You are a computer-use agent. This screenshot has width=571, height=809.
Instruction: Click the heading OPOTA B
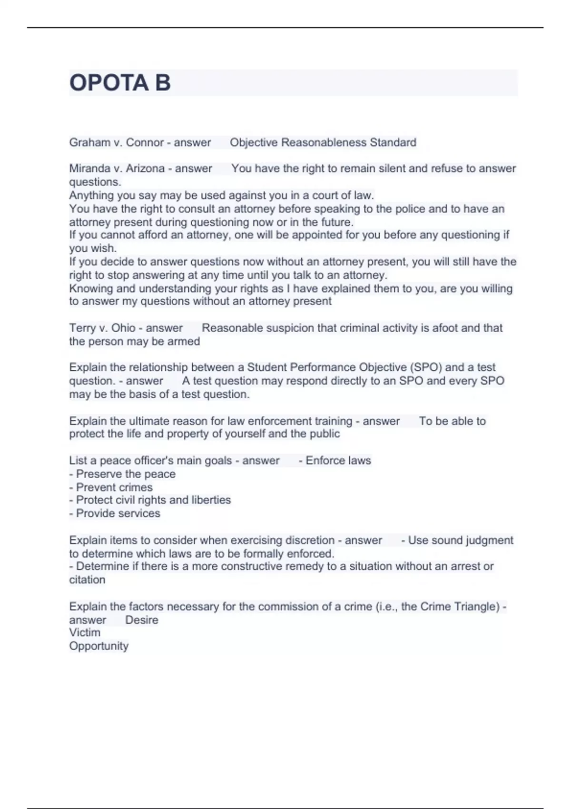click(x=120, y=83)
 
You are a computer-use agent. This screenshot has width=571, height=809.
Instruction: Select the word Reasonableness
click(x=324, y=142)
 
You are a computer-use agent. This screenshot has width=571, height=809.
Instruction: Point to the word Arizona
click(x=145, y=168)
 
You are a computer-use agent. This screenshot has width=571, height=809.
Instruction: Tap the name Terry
click(x=82, y=328)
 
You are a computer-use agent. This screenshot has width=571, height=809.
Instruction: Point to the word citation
click(x=87, y=580)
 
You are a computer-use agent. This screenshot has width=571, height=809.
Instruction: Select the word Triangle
click(x=477, y=606)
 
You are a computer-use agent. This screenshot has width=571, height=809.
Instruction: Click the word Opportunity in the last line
click(x=99, y=646)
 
